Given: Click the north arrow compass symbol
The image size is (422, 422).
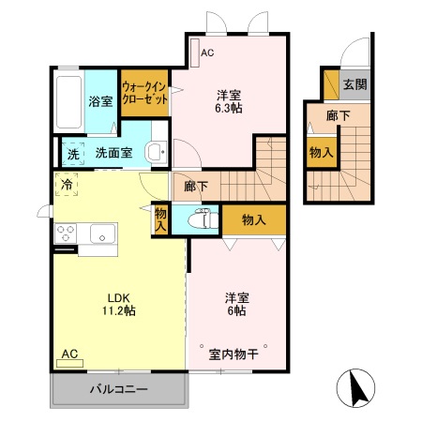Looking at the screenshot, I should (x=358, y=386).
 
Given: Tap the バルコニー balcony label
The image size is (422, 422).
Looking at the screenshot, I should (x=118, y=389).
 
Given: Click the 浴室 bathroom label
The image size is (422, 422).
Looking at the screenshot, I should (x=100, y=101).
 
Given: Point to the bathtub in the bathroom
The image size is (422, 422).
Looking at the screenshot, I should (x=68, y=101).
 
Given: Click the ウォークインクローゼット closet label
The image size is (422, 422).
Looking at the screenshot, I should (x=144, y=95).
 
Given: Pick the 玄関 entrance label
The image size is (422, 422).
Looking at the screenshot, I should (x=354, y=84).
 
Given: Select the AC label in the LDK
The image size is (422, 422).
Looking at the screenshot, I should (x=69, y=354).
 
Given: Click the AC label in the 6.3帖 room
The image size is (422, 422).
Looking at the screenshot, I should (x=207, y=53).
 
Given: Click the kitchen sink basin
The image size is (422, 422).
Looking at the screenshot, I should (x=98, y=232).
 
